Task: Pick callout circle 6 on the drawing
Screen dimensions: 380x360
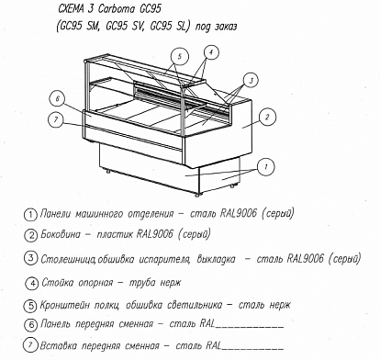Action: (58, 99)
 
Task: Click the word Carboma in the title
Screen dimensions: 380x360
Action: (117, 9)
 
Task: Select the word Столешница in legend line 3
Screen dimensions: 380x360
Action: (68, 259)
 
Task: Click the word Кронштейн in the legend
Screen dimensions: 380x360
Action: (65, 305)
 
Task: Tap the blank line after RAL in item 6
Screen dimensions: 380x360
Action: (250, 327)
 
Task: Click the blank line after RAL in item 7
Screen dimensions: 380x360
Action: (252, 349)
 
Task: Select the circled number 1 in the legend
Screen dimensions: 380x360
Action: (30, 215)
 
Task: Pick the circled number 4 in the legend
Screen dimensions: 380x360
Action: (31, 284)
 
